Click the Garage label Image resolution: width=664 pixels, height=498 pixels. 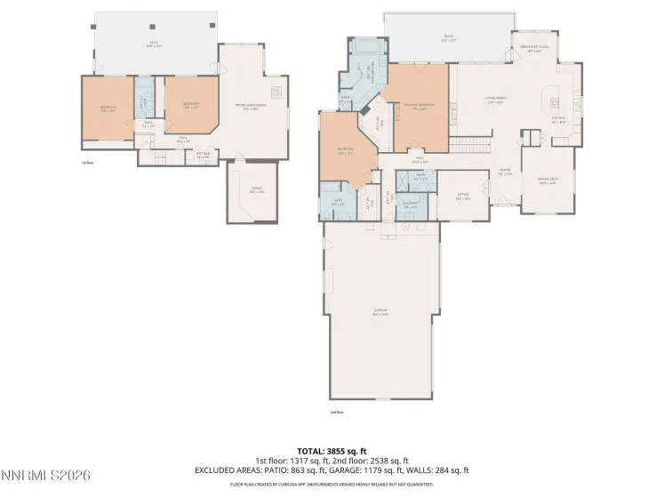[380, 312]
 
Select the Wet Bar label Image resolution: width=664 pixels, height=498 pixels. [203, 157]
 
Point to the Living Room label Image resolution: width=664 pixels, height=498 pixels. [496, 101]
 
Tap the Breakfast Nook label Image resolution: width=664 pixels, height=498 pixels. [535, 51]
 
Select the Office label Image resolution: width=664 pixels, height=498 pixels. [462, 197]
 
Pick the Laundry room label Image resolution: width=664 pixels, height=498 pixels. [411, 205]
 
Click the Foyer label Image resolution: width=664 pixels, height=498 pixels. [504, 173]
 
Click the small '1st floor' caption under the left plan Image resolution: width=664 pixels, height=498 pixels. [87, 163]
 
